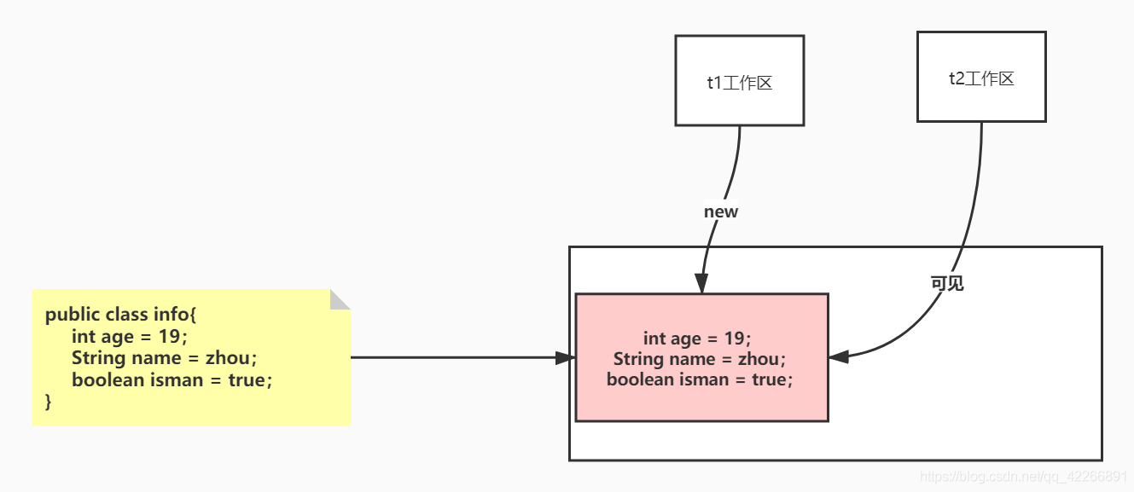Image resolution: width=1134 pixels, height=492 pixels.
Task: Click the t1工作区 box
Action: click(x=739, y=81)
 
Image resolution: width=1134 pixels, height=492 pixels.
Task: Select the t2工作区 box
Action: click(x=981, y=78)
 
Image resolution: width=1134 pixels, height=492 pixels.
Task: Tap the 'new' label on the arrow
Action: click(x=721, y=211)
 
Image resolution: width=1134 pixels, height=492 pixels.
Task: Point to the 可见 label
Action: click(x=947, y=283)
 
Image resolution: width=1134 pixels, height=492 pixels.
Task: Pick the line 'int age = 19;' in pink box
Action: click(x=697, y=339)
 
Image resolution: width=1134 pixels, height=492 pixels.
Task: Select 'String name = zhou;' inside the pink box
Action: click(x=699, y=359)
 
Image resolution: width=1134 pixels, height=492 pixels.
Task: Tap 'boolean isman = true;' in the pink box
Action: click(x=700, y=379)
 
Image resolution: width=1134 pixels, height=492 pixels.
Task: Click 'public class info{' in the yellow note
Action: click(x=120, y=315)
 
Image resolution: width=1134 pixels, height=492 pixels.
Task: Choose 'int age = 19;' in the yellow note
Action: click(x=129, y=336)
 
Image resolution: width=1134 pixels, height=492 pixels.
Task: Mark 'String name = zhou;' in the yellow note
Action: click(x=164, y=357)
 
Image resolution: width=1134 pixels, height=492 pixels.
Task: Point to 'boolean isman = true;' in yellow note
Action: click(x=172, y=379)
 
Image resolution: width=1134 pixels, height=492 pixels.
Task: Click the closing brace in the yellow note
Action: click(x=49, y=401)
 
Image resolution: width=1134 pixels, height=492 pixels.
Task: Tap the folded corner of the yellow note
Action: click(x=340, y=299)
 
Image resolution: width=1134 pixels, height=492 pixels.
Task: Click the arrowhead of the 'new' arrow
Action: click(x=701, y=284)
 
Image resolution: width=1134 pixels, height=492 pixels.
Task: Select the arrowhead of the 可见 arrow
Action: click(x=839, y=357)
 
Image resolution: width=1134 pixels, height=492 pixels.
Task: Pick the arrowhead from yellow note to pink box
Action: click(x=566, y=357)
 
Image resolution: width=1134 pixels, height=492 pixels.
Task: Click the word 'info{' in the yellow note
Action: click(x=175, y=315)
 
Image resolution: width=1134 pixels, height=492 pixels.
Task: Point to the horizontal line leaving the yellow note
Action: click(x=452, y=357)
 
